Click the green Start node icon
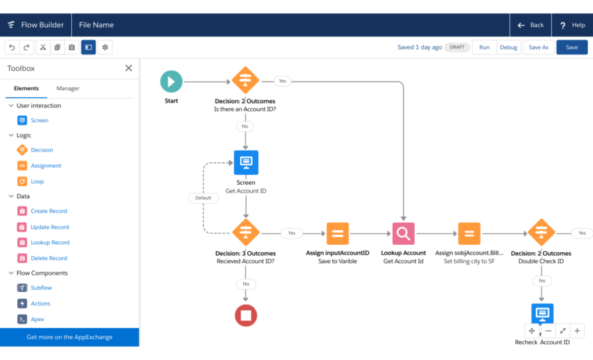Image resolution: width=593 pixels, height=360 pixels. [x=171, y=82]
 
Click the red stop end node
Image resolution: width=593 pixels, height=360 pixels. [x=246, y=315]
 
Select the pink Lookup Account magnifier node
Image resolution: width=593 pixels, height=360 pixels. [x=403, y=234]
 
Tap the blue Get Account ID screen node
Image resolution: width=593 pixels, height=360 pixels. [x=246, y=163]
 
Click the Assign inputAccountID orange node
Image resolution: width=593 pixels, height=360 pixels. [x=337, y=234]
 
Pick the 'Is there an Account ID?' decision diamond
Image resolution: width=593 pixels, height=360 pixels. [x=246, y=80]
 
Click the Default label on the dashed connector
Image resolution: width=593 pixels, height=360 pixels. [x=203, y=197]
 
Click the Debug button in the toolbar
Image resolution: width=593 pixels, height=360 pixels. [x=508, y=47]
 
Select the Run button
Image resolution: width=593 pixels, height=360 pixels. [x=484, y=47]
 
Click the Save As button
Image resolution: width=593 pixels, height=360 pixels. [x=539, y=47]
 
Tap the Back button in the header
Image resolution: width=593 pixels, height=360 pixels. [x=530, y=25]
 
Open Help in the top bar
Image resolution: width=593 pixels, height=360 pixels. [x=572, y=25]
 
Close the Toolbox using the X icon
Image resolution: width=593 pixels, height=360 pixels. [x=129, y=68]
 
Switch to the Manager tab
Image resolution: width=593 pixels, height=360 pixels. [x=68, y=89]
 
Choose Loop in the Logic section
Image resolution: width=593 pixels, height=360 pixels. [x=37, y=181]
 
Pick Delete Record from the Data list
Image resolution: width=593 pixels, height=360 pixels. [x=49, y=258]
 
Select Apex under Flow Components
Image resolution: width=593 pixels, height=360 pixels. [x=37, y=319]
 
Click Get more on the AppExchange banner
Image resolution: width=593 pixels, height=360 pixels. [x=69, y=337]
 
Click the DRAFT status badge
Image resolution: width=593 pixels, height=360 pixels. [x=457, y=47]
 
